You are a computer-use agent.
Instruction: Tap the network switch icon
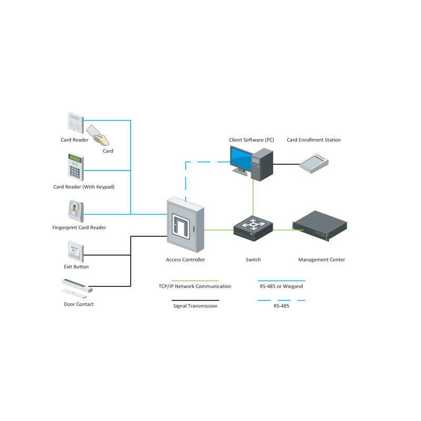pos(253,226)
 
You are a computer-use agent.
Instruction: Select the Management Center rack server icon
pos(319,226)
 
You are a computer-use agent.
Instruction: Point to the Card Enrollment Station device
pos(314,163)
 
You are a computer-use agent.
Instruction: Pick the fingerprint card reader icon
pos(75,211)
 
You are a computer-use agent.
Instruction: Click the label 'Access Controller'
pos(185,260)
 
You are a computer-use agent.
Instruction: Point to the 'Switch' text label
pos(253,260)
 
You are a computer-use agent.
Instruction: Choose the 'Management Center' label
pos(322,260)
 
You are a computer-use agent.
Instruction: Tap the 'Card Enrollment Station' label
pos(314,140)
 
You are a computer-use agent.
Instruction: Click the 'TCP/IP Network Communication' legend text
pos(195,287)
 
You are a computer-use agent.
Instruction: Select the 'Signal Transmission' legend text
pos(195,306)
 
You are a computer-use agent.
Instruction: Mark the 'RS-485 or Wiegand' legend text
pos(281,287)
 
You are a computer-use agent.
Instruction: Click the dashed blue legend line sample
pos(281,300)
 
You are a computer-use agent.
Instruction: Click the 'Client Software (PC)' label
pos(252,140)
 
